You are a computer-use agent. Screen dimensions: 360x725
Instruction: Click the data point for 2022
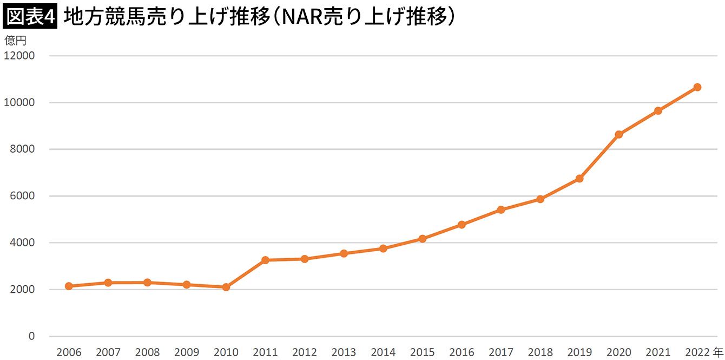pos(697,87)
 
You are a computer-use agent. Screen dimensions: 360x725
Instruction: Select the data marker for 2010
pos(226,287)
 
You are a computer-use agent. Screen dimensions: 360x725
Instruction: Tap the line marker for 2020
pos(618,134)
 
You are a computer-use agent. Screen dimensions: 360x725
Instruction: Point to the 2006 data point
pos(69,286)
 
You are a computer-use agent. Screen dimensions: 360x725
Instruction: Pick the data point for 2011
pos(265,260)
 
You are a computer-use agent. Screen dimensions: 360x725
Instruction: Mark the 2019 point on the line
pos(579,179)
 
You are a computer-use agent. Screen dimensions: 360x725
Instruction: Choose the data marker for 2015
pos(423,239)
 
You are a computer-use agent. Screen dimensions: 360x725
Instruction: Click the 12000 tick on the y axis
pos(19,56)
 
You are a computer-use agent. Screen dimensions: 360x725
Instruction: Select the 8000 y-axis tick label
pos(23,149)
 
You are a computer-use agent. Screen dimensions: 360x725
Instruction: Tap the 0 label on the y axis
pos(31,336)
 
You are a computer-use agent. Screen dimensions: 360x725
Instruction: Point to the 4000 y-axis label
pos(23,243)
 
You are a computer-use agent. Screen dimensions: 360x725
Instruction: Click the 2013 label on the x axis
pos(344,352)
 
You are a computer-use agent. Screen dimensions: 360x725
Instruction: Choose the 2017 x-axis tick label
pos(501,352)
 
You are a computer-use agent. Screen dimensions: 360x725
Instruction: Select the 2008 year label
pos(147,352)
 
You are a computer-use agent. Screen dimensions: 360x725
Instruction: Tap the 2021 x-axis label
pos(658,352)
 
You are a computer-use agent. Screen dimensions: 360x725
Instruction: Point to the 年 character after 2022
pos(718,352)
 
